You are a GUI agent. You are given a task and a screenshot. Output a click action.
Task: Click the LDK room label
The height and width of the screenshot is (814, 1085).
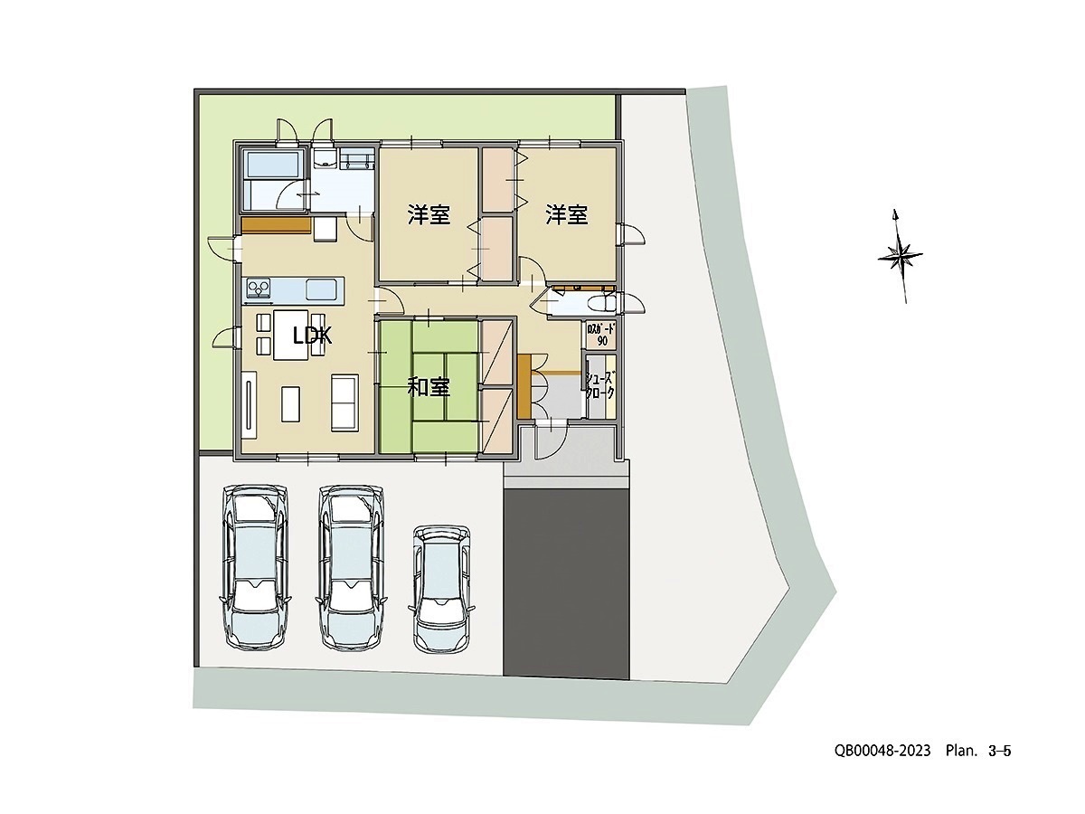(x=313, y=336)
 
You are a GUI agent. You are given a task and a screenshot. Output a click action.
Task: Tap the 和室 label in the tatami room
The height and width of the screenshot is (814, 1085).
(x=429, y=388)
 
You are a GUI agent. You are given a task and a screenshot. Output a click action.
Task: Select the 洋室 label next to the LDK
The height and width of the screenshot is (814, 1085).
(x=429, y=215)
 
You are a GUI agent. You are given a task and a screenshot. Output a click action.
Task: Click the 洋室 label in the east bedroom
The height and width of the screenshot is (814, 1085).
(x=567, y=215)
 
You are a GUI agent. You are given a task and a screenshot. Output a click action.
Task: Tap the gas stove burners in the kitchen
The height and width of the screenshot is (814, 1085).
(x=259, y=289)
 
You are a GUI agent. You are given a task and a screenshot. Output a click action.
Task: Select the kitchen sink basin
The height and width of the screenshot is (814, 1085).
(x=323, y=289)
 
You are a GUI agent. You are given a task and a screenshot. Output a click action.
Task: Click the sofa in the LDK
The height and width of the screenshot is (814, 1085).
(x=344, y=402)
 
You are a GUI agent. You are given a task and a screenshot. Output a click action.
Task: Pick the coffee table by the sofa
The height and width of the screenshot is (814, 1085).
(x=290, y=403)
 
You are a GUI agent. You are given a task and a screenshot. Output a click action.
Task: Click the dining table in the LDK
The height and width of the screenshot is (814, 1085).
(x=293, y=335)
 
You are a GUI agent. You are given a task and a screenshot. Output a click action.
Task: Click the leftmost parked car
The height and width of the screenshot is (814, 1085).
(x=256, y=566)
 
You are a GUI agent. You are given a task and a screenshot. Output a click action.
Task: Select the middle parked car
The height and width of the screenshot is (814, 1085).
(x=351, y=566)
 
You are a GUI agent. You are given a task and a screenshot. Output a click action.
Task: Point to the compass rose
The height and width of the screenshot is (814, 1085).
(x=901, y=255)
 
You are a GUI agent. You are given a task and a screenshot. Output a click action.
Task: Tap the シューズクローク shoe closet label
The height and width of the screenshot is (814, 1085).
(x=600, y=386)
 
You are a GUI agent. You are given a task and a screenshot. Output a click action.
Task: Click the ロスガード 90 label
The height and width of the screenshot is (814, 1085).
(x=601, y=335)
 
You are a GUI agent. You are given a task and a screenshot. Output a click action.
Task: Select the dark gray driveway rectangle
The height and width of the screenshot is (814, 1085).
(x=566, y=583)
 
